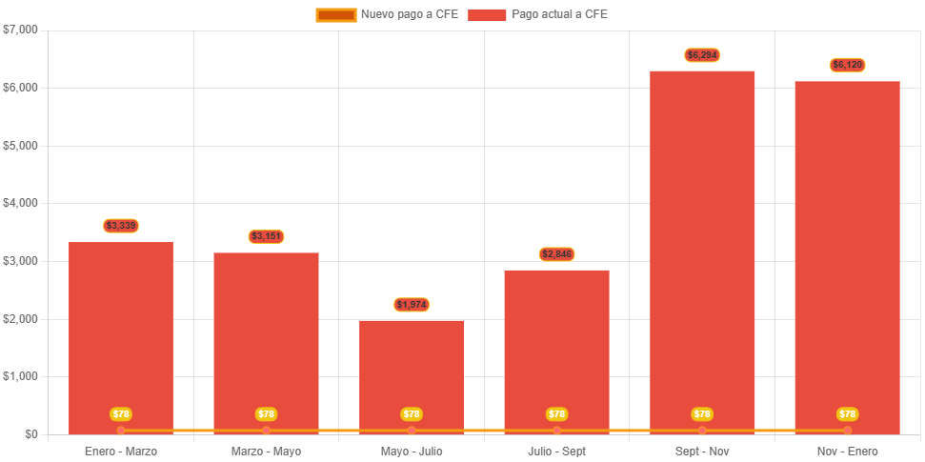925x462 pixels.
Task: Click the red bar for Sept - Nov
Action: [702, 248]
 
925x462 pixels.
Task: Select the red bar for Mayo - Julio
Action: [412, 372]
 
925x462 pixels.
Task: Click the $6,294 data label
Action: [702, 55]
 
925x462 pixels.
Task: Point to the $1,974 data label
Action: [412, 305]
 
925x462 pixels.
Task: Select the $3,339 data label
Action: [121, 226]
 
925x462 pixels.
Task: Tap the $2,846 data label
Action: [557, 254]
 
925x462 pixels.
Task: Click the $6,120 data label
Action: [847, 65]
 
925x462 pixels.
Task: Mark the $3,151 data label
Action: [267, 236]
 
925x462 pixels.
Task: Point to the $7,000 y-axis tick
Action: [20, 30]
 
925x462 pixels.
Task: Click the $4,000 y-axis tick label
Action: [20, 203]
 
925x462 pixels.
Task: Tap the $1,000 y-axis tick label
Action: [20, 376]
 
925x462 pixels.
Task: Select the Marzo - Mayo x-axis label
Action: [267, 451]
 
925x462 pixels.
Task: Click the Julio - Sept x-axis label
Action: [557, 451]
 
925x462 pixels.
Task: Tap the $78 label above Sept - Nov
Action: [702, 414]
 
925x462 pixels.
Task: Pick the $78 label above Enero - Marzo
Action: [121, 414]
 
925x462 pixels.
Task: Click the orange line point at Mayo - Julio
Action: [412, 431]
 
